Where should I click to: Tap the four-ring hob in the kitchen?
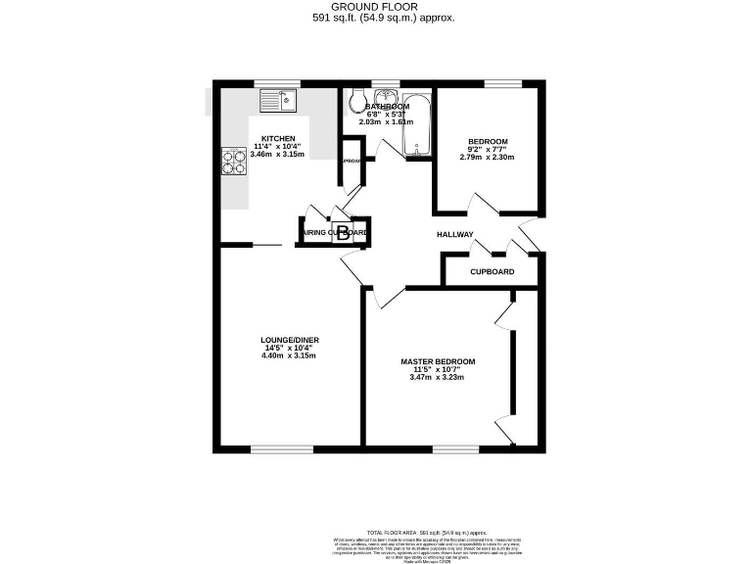pos(234,160)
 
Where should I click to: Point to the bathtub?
pos(417,124)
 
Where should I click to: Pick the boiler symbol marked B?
pos(343,233)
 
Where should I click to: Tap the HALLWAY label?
pos(455,235)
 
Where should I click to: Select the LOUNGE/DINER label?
pos(289,340)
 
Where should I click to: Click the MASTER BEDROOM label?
pos(438,362)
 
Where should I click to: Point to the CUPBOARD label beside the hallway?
pos(492,271)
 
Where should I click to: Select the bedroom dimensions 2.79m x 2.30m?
pos(487,157)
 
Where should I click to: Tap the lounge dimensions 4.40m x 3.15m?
pos(289,355)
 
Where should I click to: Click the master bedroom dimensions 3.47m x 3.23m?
pos(438,378)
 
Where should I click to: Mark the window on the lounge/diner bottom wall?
pos(282,448)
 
